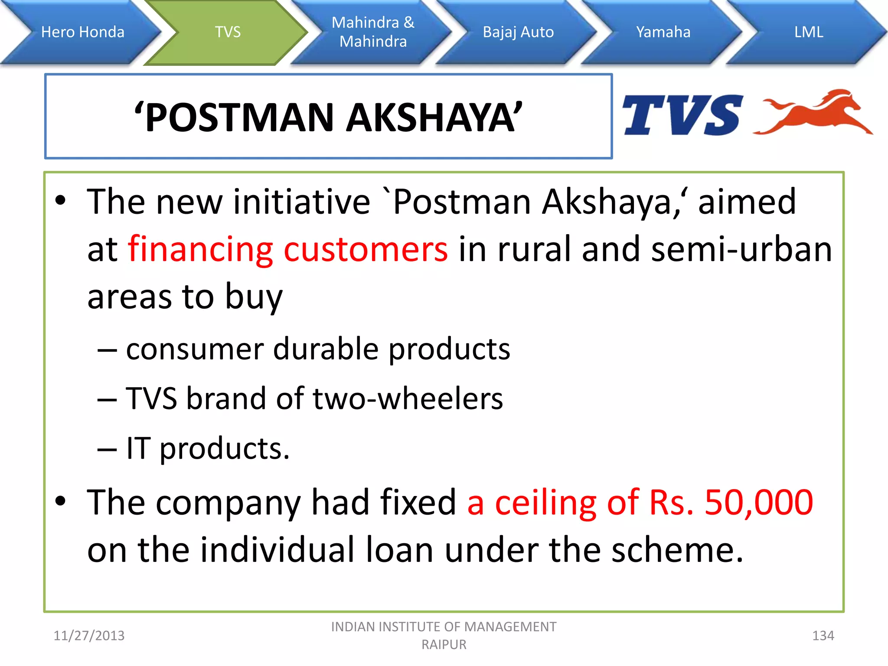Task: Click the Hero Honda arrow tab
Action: (x=82, y=32)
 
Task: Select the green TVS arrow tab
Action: (x=228, y=32)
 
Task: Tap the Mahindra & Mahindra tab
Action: (x=373, y=32)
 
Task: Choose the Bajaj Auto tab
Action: (x=518, y=32)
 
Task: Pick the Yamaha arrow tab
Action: (x=663, y=32)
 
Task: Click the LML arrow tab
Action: (x=809, y=32)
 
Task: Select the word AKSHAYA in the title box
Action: (x=434, y=118)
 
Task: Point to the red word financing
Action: (x=200, y=250)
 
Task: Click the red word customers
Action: (x=366, y=250)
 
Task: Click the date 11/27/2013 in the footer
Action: (x=89, y=636)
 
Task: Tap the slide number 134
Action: (x=823, y=636)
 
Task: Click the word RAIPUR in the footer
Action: (x=444, y=645)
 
